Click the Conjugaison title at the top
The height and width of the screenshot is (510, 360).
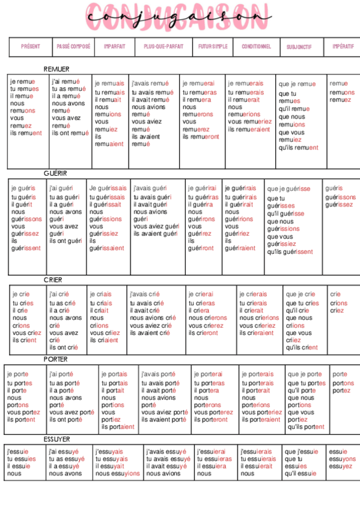[179, 17]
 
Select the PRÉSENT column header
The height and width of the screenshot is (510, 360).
[31, 46]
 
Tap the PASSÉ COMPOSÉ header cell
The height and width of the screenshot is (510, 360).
[73, 46]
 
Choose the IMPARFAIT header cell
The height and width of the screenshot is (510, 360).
[114, 46]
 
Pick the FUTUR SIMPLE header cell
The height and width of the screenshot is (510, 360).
[213, 46]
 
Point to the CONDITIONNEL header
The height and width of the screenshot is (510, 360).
[256, 46]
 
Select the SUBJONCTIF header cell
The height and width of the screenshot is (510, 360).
[299, 47]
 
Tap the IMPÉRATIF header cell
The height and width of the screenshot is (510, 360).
[343, 46]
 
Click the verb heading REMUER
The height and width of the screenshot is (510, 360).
[56, 69]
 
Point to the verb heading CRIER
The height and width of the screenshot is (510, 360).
[53, 280]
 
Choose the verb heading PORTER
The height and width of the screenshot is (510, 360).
[55, 359]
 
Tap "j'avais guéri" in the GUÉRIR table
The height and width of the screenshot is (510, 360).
[150, 188]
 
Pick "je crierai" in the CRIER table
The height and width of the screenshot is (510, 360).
[201, 295]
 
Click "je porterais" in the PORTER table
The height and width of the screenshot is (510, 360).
[257, 374]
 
